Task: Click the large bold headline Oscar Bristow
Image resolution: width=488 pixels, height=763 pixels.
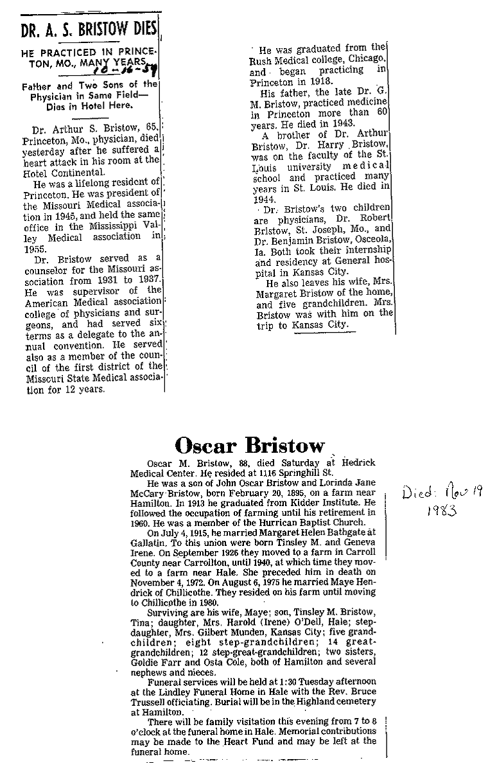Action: pos(249,445)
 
